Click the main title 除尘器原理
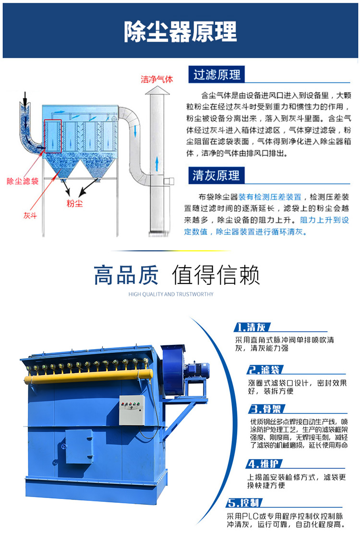pos(180,32)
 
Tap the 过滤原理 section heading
pos(216,75)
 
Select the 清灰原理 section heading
pos(216,175)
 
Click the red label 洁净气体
pos(156,79)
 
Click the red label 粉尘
pos(74,203)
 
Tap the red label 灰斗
pos(30,215)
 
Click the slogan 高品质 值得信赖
pos(176,275)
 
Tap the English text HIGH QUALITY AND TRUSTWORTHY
pos(171,294)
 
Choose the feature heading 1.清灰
pos(252,328)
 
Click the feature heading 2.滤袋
pos(264,369)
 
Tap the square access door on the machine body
pos(79,446)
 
